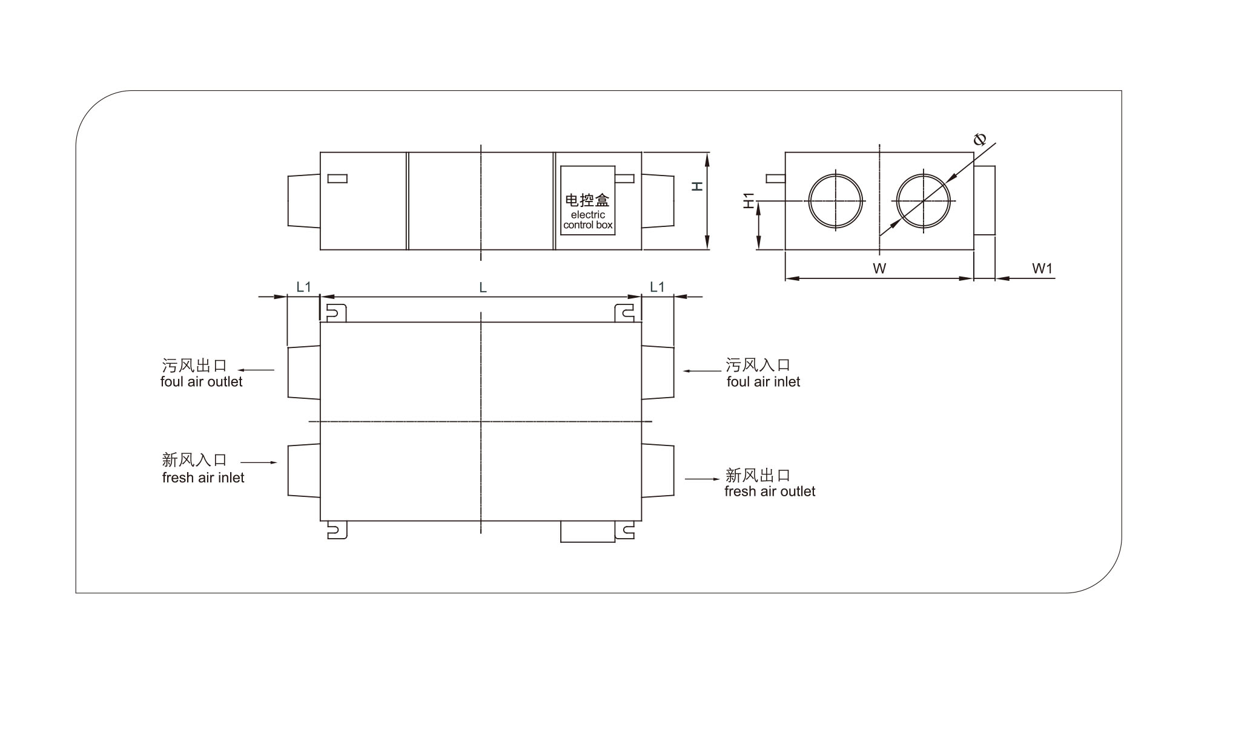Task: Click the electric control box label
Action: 587,219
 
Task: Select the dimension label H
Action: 698,186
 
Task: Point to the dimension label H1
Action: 749,200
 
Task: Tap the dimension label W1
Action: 1042,268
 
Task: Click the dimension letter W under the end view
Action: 879,268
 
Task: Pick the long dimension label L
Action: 483,288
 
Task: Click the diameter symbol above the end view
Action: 979,140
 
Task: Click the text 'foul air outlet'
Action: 201,382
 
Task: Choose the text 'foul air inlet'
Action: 763,382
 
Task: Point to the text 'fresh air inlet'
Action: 203,478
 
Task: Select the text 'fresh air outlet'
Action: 770,491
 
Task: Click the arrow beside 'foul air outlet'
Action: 256,370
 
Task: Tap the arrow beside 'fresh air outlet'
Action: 703,479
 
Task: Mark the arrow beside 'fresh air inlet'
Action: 259,462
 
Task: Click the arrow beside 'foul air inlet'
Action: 702,370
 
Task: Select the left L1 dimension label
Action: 303,286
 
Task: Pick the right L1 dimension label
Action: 657,286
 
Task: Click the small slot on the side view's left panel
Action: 337,179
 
